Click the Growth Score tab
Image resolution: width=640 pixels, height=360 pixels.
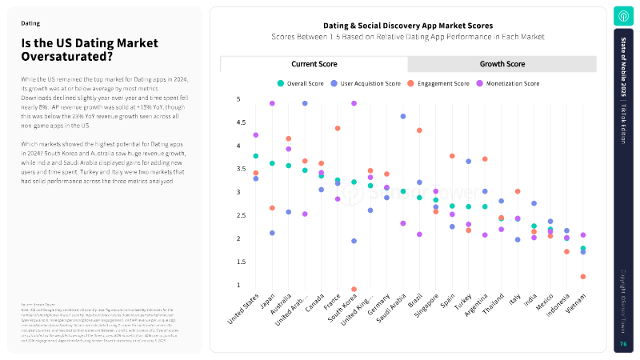[x=502, y=64]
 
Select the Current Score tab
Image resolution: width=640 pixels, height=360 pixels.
[x=314, y=64]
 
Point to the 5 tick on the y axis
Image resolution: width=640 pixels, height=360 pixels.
[x=238, y=99]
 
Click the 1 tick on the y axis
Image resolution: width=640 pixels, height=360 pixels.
[x=238, y=285]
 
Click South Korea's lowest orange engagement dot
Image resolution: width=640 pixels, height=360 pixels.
[x=354, y=290]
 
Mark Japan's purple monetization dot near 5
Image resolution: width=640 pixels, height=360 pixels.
[x=272, y=103]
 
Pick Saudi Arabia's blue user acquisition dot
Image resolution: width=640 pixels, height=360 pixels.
[x=403, y=117]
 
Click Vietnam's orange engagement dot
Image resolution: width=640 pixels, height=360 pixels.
[x=583, y=277]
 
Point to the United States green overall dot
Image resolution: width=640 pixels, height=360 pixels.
[x=256, y=156]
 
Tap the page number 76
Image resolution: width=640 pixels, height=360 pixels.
[x=623, y=344]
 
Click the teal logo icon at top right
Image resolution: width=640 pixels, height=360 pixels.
[x=623, y=16]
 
